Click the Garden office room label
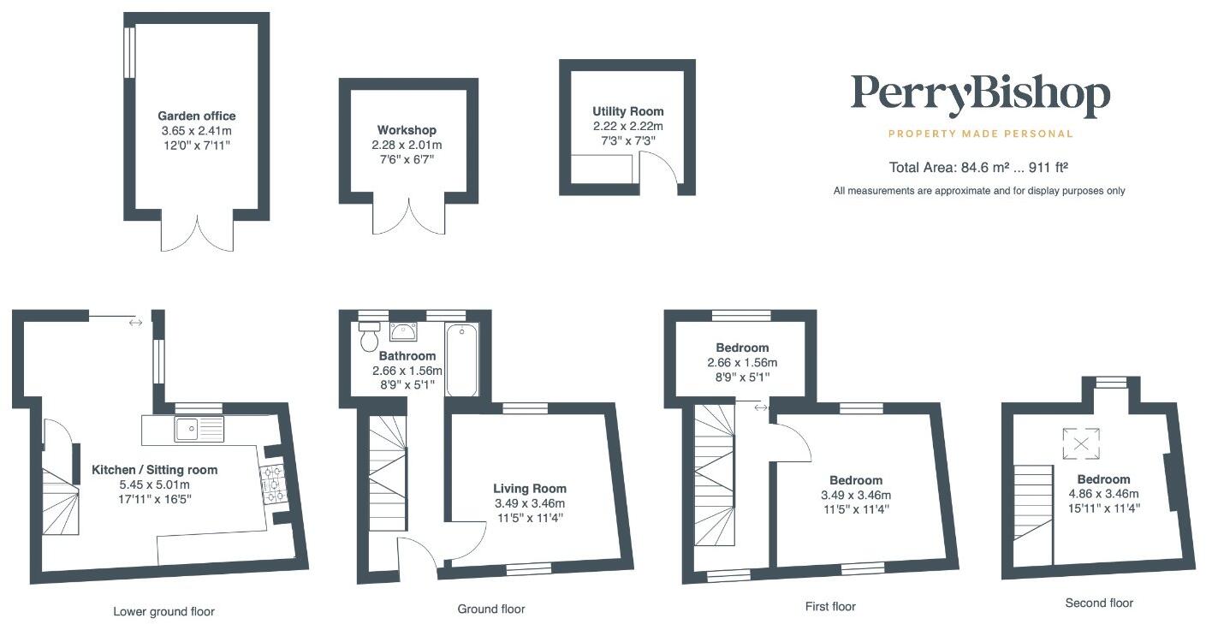196,116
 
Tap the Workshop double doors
408,217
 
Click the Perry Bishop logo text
979,96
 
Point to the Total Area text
979,168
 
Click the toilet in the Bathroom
370,336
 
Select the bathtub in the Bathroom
461,360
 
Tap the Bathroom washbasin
403,330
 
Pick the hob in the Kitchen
274,483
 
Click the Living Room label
529,489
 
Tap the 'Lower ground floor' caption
163,611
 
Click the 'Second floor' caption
1098,603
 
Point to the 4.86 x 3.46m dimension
1103,494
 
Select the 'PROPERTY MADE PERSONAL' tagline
979,134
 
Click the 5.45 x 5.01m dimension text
154,484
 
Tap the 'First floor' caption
829,606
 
